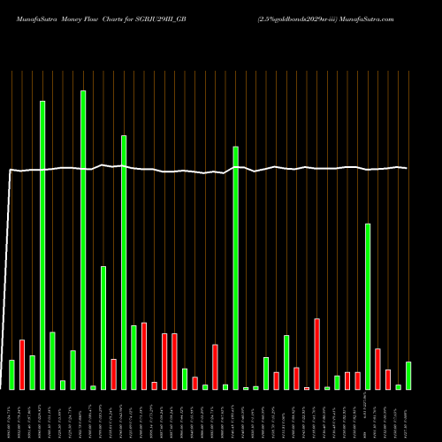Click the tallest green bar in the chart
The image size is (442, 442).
point(83,240)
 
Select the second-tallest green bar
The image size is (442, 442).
point(42,245)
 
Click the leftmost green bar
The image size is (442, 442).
point(11,375)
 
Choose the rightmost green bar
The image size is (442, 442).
point(408,376)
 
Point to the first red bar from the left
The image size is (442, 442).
point(22,364)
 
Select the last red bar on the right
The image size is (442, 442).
point(388,379)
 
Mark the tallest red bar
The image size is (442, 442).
point(316,354)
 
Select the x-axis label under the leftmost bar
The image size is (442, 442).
point(11,415)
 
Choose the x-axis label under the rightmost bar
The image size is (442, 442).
point(408,415)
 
